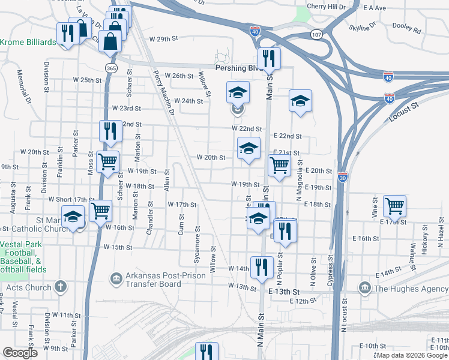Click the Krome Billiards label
click(28, 42)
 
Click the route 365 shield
click(110, 68)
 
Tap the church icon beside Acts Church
click(60, 287)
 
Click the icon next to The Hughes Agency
click(364, 289)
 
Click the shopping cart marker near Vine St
click(395, 206)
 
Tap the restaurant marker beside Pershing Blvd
click(268, 58)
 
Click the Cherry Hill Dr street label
click(326, 6)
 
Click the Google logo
click(20, 353)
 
